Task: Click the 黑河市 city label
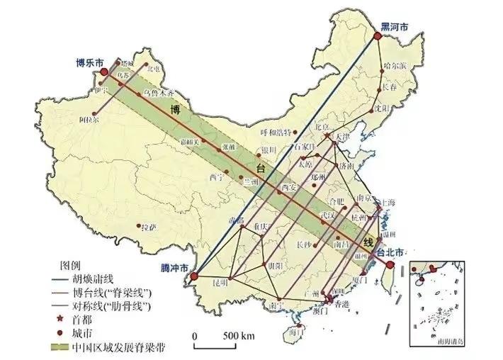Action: click(395, 27)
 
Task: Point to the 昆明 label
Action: click(220, 283)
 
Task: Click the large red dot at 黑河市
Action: click(377, 40)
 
